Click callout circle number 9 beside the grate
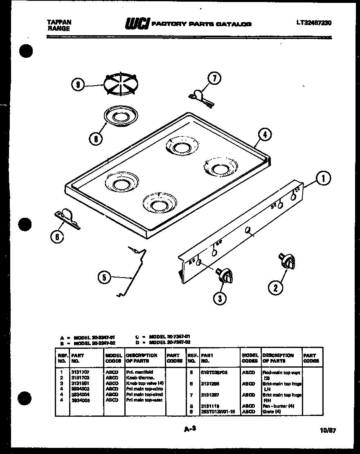point(78,85)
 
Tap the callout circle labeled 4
point(265,135)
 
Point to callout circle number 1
point(323,178)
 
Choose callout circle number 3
point(220,298)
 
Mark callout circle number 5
point(104,278)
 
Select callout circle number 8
point(95,139)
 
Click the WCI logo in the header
point(137,24)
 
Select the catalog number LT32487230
point(314,23)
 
